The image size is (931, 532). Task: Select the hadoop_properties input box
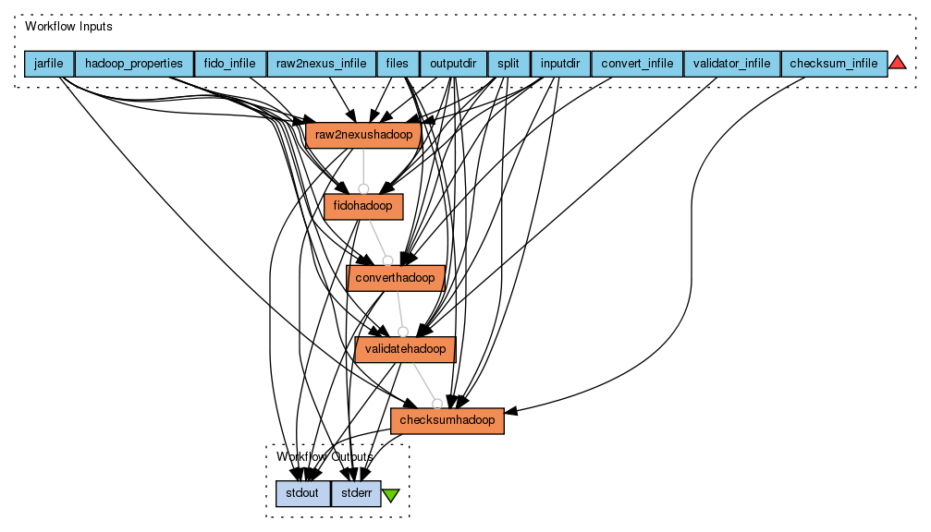134,64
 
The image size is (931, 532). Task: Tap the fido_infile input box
230,64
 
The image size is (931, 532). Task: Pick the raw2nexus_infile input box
321,64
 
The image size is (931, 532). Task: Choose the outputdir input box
453,64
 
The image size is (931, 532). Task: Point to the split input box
508,64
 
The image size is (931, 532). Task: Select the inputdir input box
560,64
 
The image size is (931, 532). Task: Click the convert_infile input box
636,64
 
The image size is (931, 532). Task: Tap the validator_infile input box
731,64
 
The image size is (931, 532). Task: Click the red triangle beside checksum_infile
897,63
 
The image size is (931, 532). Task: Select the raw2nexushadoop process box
363,135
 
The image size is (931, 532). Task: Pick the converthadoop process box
396,277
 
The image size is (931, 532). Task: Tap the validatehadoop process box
405,349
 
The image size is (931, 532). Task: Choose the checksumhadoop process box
447,420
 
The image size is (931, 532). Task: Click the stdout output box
302,493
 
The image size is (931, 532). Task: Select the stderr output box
356,493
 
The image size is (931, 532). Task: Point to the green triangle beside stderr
391,495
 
